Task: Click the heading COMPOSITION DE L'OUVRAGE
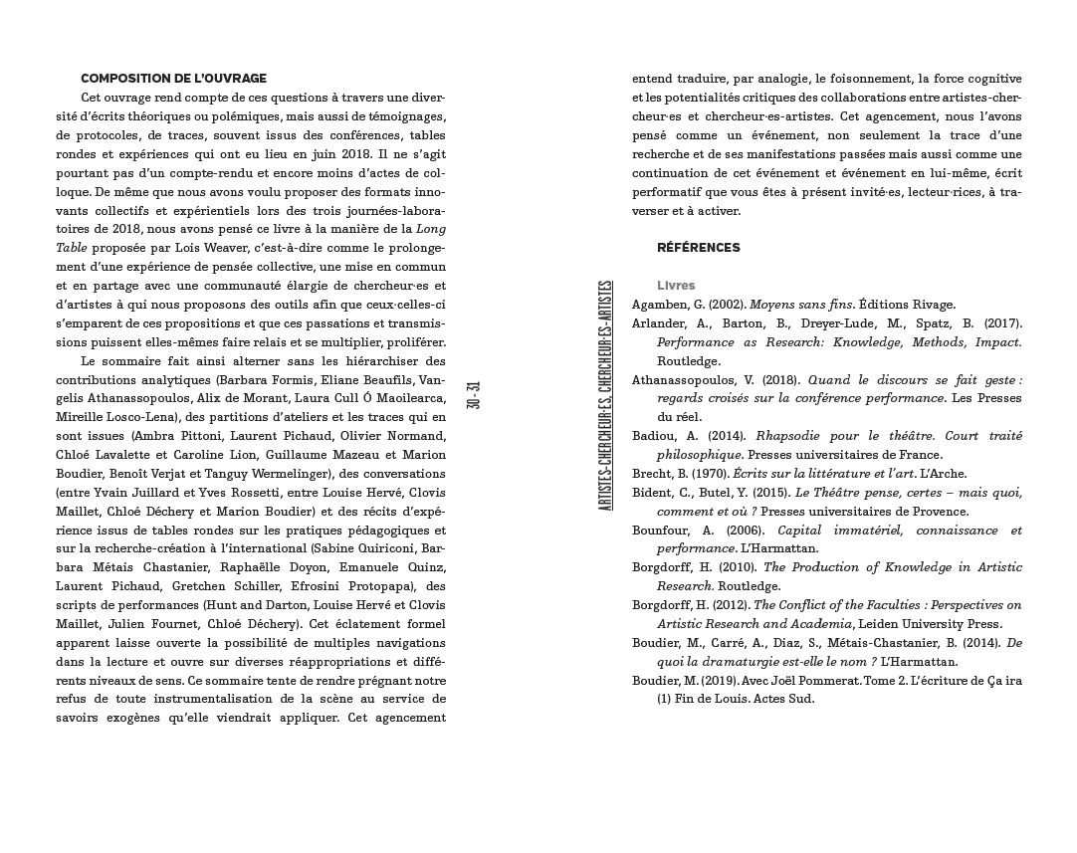pyautogui.click(x=173, y=79)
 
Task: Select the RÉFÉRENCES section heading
pyautogui.click(x=698, y=248)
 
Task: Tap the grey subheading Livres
pyautogui.click(x=676, y=286)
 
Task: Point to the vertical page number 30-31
pyautogui.click(x=474, y=394)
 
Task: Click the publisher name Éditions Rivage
pyautogui.click(x=907, y=305)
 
